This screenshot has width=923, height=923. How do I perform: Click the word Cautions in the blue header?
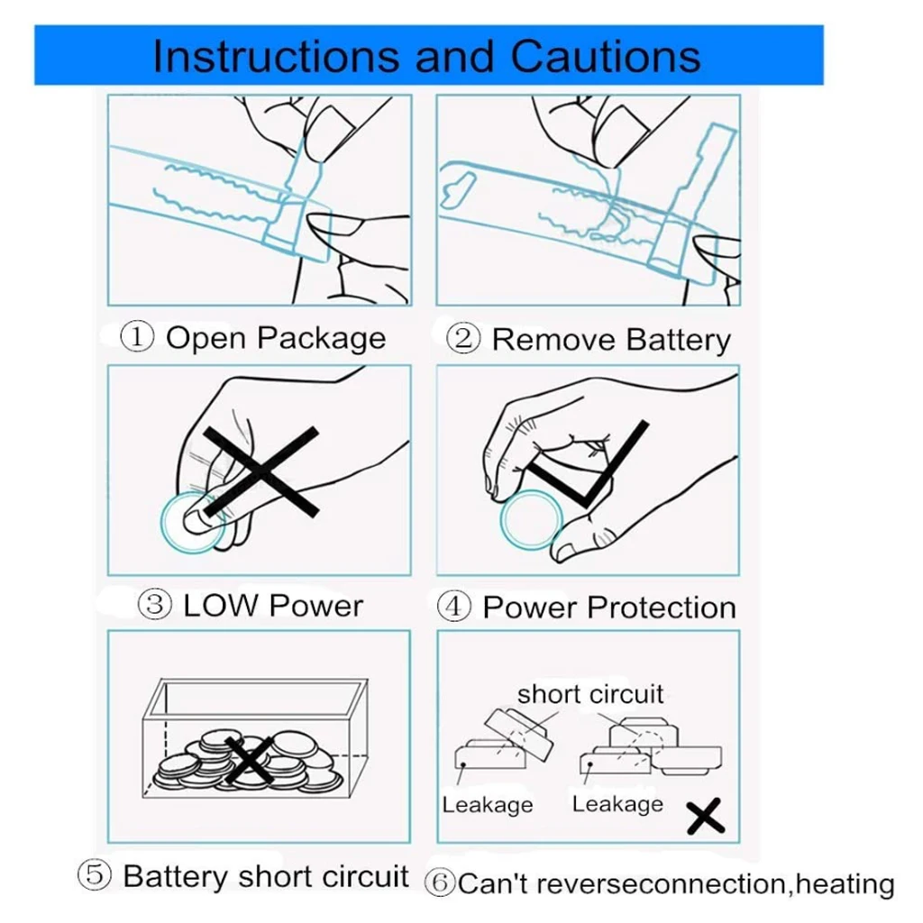pyautogui.click(x=607, y=56)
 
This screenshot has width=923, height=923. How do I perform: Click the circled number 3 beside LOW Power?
pyautogui.click(x=155, y=604)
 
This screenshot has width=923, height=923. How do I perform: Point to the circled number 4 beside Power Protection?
pyautogui.click(x=454, y=606)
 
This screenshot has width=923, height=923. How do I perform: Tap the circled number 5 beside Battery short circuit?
pyautogui.click(x=94, y=875)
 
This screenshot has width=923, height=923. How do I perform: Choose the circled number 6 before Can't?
pyautogui.click(x=440, y=882)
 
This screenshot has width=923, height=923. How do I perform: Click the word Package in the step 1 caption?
pyautogui.click(x=322, y=339)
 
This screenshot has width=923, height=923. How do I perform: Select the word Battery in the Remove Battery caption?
pyautogui.click(x=678, y=340)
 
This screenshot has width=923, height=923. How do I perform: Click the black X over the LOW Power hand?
pyautogui.click(x=260, y=471)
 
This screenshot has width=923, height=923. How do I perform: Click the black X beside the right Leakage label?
pyautogui.click(x=706, y=818)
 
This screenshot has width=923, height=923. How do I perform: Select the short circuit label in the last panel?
pyautogui.click(x=589, y=694)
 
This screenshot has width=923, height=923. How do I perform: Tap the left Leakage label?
pyautogui.click(x=487, y=804)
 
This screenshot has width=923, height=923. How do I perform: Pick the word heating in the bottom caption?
pyautogui.click(x=846, y=884)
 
